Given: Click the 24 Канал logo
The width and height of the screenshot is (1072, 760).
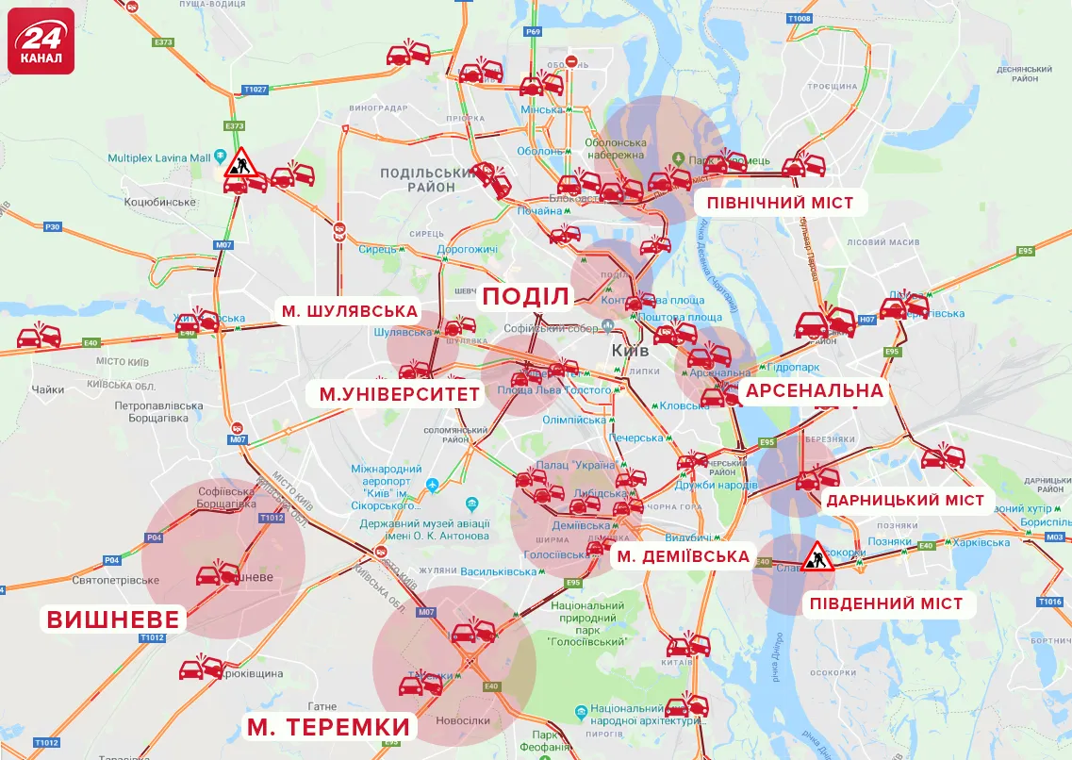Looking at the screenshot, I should [41, 41].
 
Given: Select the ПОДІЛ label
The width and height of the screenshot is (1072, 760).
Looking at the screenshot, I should [526, 297].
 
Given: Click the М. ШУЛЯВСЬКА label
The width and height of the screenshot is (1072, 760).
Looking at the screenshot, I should [348, 311].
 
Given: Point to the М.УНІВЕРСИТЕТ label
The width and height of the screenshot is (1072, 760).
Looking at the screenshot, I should [400, 394].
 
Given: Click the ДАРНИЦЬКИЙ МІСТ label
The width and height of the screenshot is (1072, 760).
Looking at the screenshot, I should [905, 501].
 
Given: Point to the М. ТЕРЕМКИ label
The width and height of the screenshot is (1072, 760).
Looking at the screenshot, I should [329, 727].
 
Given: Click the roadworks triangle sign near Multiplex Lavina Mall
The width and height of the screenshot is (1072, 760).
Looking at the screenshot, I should [240, 163].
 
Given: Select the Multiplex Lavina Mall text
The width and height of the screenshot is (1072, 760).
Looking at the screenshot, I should [158, 157].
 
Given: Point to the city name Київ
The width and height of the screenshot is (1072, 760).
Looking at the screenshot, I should [631, 350].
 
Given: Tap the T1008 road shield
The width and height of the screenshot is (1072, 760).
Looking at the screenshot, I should [799, 19].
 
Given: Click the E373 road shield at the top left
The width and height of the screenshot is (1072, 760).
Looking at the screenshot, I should [163, 42].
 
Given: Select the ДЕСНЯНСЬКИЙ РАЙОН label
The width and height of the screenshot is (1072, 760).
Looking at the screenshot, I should [1024, 74].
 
